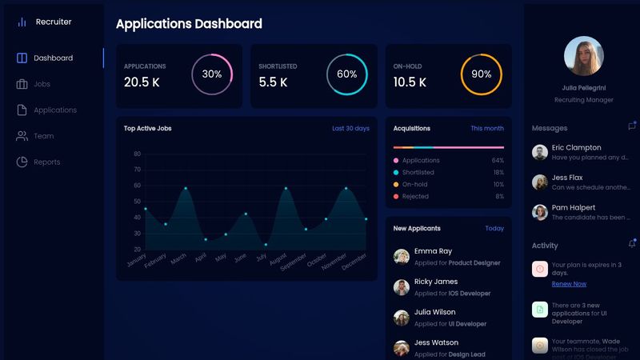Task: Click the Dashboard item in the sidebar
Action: [53, 58]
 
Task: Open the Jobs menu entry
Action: [42, 84]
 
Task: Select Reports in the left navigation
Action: [46, 162]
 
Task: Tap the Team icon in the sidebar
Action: [22, 136]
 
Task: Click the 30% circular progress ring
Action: [212, 74]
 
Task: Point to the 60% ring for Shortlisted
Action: [346, 74]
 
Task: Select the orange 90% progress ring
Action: [481, 74]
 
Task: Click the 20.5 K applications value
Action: [142, 82]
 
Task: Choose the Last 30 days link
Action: [350, 128]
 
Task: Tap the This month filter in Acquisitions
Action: [487, 128]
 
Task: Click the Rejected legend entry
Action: [415, 196]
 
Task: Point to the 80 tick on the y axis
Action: [137, 154]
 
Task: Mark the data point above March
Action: [186, 188]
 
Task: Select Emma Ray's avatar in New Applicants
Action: [402, 256]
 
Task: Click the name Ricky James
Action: [436, 282]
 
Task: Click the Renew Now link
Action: [569, 284]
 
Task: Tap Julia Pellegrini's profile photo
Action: [583, 56]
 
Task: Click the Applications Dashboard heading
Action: [189, 24]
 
